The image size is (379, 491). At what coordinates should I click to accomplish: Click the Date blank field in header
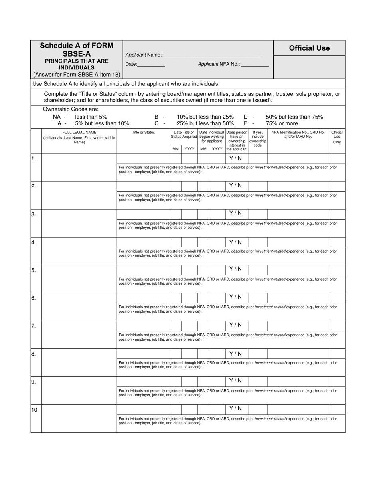[151, 64]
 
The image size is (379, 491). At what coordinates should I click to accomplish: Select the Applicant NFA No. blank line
[255, 64]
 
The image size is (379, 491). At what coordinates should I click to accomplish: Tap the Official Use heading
[309, 48]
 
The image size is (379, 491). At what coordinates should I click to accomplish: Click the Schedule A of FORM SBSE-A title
[77, 49]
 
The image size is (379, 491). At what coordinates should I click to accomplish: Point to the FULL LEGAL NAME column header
[79, 137]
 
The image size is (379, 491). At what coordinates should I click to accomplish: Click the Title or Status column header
[143, 132]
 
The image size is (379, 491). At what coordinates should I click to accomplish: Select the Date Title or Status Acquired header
[184, 135]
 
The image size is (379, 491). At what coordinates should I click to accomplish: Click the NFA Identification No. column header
[298, 134]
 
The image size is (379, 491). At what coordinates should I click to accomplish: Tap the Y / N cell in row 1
[235, 158]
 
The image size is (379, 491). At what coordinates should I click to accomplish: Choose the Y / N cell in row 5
[235, 269]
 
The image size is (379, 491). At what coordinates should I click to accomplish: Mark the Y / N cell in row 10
[235, 408]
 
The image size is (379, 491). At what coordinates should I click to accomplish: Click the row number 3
[34, 214]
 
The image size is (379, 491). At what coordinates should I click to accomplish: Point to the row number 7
[34, 326]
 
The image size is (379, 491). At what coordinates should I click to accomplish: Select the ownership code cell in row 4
[258, 242]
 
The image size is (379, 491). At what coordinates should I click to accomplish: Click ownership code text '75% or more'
[282, 123]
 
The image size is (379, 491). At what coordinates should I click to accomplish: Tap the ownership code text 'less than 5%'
[91, 117]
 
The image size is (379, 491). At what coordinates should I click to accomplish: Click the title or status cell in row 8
[143, 354]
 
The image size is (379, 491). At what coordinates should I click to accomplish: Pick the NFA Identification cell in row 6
[298, 297]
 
